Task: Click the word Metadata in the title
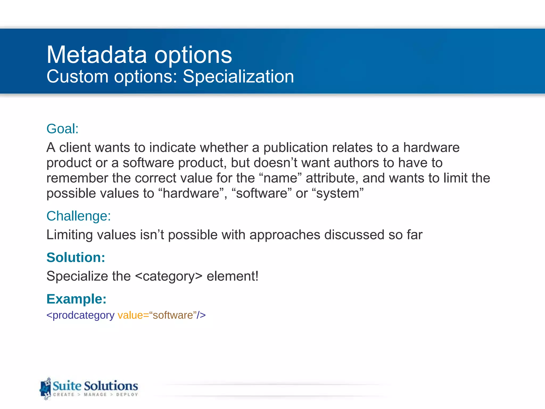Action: coord(97,55)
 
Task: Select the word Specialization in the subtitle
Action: coord(238,77)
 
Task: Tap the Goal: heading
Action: coord(63,129)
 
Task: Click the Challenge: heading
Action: coord(79,216)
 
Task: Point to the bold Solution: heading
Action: coord(76,257)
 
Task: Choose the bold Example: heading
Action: coord(76,299)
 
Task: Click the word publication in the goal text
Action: coord(295,148)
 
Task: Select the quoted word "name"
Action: coord(280,178)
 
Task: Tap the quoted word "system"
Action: coord(340,194)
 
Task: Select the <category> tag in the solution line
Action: coord(169,276)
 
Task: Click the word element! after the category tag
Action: coord(232,276)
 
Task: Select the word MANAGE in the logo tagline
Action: coord(95,395)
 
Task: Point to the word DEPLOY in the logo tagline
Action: coord(127,395)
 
